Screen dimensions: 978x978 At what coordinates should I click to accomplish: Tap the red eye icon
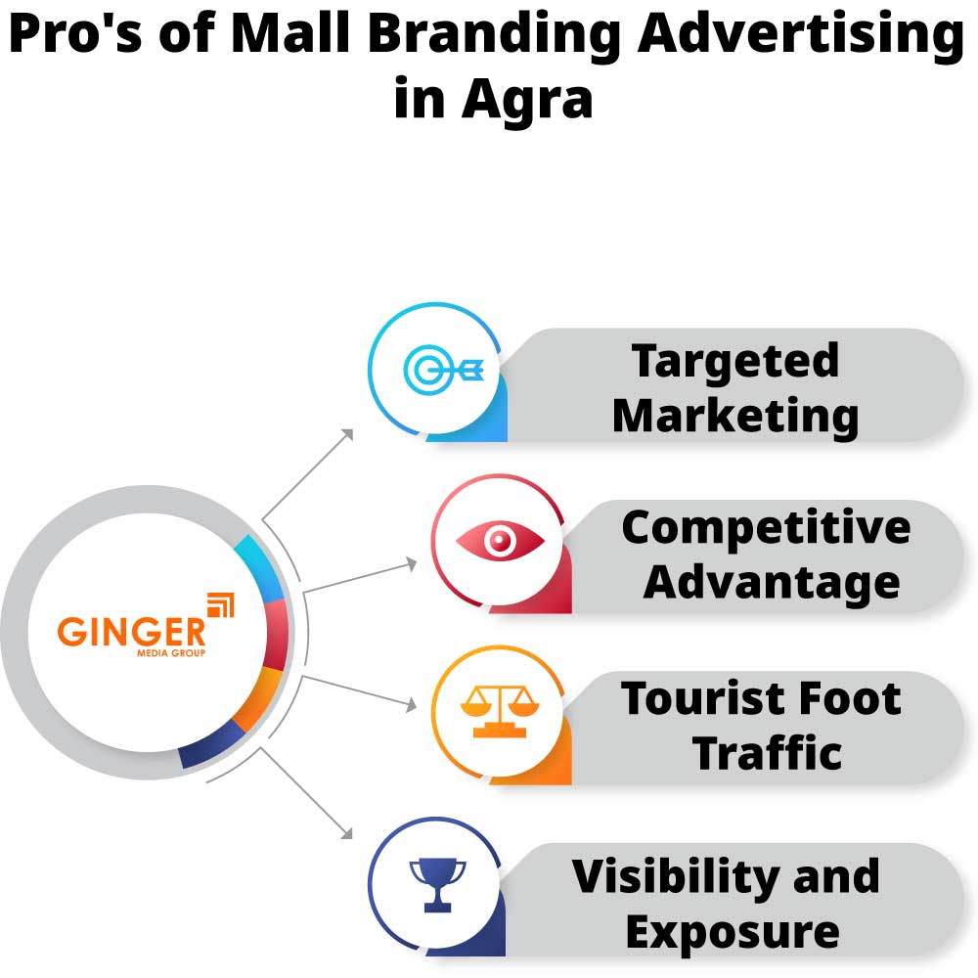coord(500,540)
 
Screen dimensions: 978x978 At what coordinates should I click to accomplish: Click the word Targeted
coord(734,362)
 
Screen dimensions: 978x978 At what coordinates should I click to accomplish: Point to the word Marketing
coord(734,416)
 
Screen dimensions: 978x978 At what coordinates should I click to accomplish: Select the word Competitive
coord(766,529)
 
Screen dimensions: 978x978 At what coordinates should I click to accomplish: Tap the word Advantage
coord(771,583)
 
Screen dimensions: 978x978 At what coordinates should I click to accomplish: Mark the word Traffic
coord(768,753)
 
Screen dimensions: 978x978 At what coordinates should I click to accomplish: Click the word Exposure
coord(732,931)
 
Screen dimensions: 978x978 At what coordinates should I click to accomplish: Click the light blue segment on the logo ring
coord(259,566)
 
